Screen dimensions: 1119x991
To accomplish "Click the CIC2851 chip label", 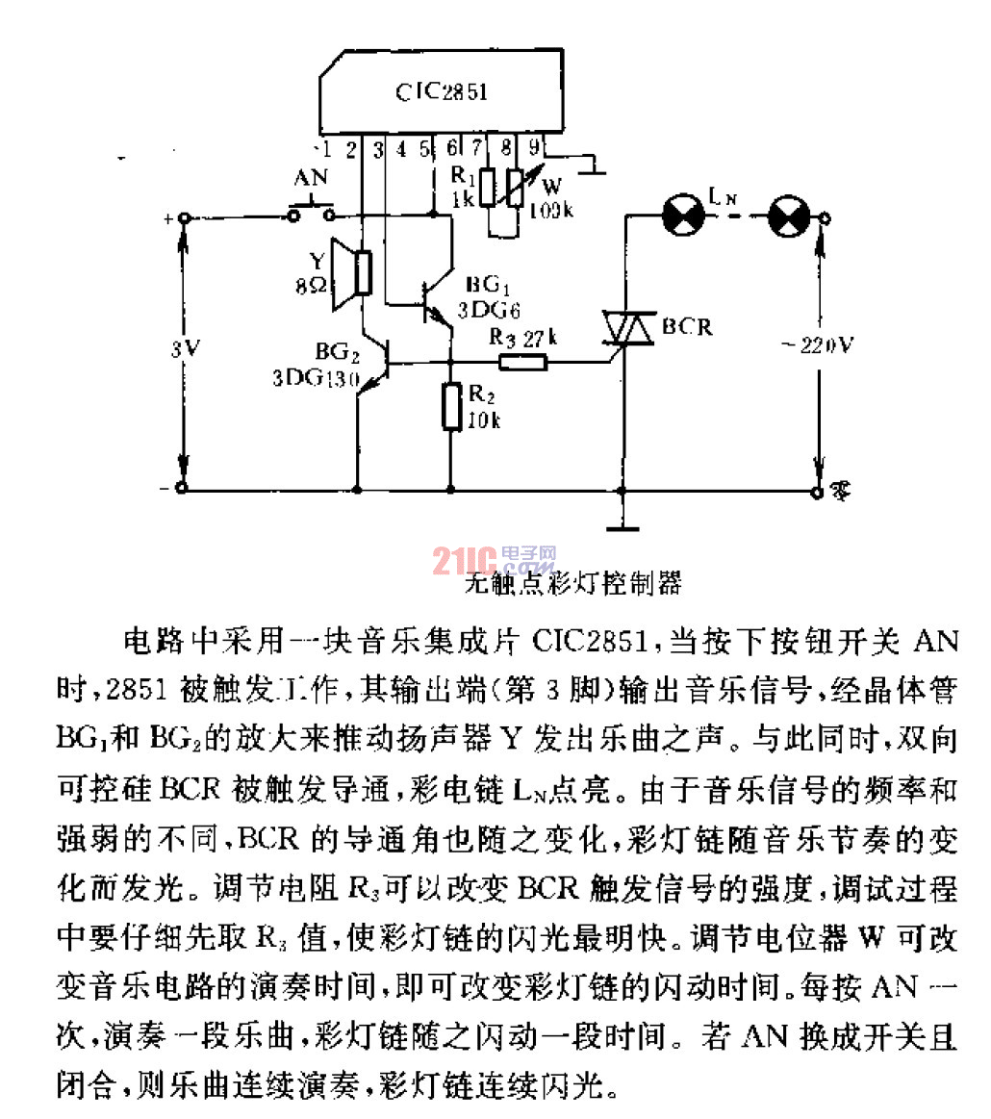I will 442,92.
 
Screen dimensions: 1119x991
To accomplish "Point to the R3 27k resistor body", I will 522,363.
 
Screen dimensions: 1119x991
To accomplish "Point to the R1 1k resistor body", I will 488,187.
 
